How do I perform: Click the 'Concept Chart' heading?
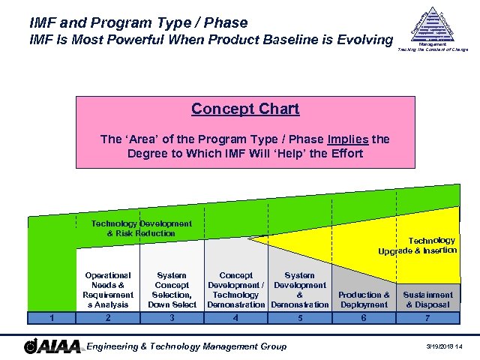pos(245,109)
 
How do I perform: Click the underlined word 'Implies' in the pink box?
pos(349,139)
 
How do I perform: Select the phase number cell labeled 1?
pos(51,317)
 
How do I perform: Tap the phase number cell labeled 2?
pos(108,317)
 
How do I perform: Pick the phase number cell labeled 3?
pos(172,317)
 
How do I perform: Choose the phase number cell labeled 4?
pos(235,317)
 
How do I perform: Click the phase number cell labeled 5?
pos(299,317)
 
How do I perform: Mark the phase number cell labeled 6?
pos(364,317)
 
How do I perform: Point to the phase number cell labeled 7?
pos(427,317)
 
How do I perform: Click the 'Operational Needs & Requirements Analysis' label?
pos(108,290)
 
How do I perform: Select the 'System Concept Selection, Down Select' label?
pos(172,290)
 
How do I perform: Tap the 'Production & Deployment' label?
pos(364,300)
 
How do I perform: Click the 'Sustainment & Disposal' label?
pos(427,300)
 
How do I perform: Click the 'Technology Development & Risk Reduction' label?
pos(141,228)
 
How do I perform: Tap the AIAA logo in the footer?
pos(52,346)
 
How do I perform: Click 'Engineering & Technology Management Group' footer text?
pos(187,346)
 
